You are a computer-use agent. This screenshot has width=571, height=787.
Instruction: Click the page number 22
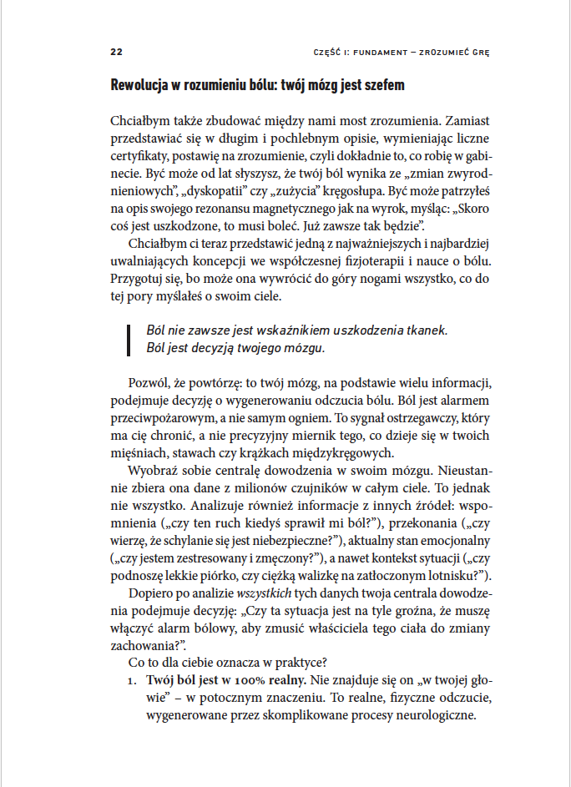point(117,51)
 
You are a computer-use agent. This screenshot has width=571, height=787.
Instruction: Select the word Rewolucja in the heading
point(141,85)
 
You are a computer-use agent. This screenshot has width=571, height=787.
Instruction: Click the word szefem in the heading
point(380,85)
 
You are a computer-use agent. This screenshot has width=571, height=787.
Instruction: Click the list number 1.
point(132,681)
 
